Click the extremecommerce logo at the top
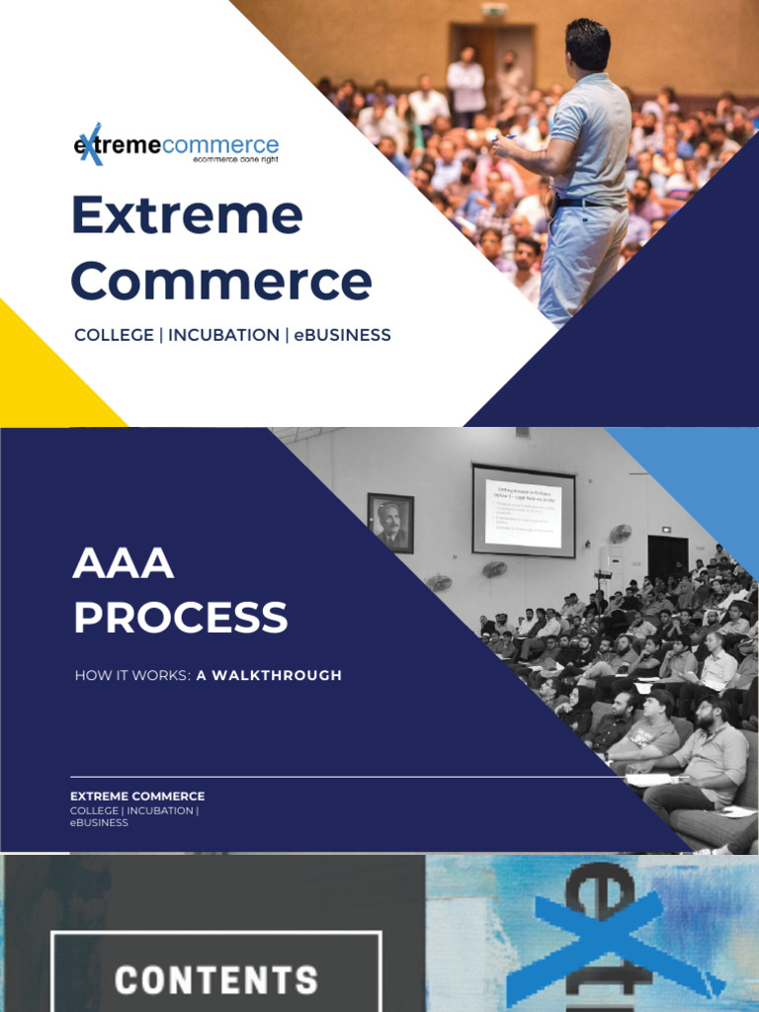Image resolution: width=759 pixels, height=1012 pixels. click(176, 145)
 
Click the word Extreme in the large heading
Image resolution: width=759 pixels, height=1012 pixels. click(187, 215)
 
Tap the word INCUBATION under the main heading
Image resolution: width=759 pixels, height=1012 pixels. click(223, 335)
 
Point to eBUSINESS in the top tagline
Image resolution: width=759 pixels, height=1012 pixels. click(343, 335)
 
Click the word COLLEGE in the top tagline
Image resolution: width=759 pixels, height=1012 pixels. click(112, 335)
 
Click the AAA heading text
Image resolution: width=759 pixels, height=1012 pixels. click(124, 564)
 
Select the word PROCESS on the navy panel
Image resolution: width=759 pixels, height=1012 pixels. click(181, 618)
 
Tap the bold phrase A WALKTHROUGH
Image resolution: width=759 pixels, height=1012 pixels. click(269, 676)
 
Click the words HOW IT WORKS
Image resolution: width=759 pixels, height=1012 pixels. click(131, 676)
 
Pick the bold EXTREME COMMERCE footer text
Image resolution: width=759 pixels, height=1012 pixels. click(137, 796)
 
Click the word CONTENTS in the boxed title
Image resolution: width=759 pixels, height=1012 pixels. click(216, 979)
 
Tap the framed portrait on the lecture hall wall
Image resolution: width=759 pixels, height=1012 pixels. click(390, 522)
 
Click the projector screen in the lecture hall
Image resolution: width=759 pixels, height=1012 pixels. click(523, 511)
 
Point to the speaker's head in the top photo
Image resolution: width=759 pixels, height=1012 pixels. click(589, 44)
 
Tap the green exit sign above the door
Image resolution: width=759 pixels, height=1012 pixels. click(493, 11)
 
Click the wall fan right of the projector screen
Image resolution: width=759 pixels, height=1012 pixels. click(620, 534)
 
